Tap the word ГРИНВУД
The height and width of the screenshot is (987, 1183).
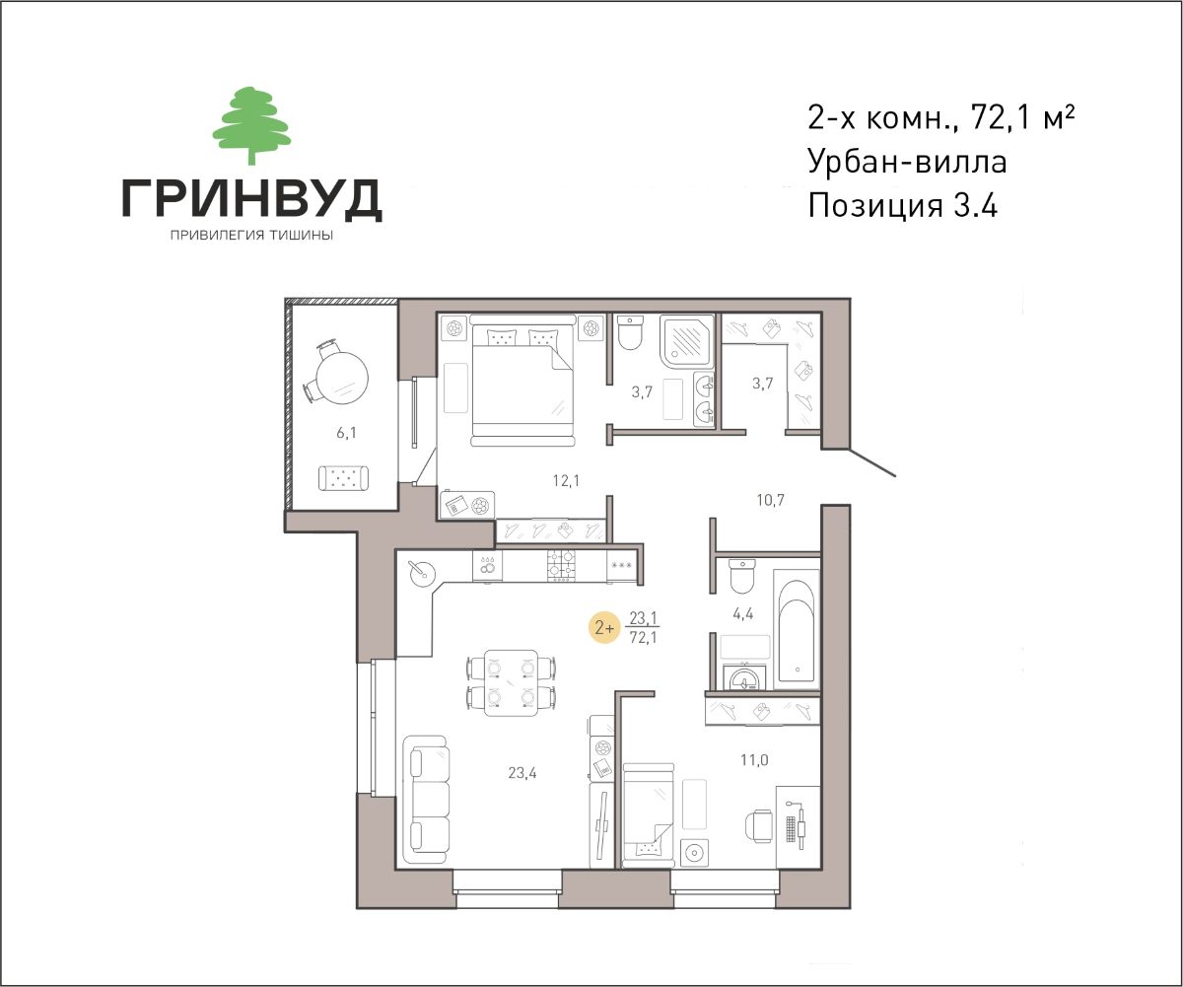coord(252,199)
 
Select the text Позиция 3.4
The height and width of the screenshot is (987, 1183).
coord(903,206)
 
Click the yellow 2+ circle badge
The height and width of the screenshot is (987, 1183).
coord(604,628)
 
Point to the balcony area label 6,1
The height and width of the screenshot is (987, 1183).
coord(347,433)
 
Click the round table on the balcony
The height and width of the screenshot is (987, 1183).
coord(342,377)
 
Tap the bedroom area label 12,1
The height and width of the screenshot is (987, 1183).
coord(566,481)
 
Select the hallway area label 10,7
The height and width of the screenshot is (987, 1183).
coord(771,500)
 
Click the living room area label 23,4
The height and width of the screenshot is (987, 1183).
coord(522,772)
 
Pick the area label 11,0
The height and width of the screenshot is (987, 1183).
coord(754,760)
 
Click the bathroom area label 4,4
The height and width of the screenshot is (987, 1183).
coord(742,613)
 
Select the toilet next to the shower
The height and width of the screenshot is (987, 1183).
coord(630,332)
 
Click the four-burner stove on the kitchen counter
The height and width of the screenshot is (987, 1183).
coord(561,565)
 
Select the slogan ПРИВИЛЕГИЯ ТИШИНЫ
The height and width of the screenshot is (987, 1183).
coord(251,236)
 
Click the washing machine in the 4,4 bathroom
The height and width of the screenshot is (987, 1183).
coord(745,677)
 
